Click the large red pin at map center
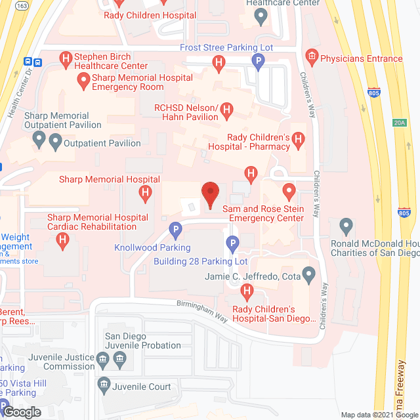(x=209, y=194)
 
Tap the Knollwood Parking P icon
(x=175, y=231)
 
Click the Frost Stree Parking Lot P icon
(x=259, y=62)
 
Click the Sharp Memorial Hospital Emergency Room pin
(x=83, y=81)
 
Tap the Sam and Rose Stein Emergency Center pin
(x=288, y=192)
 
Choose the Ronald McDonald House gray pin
(x=346, y=227)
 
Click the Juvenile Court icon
(x=103, y=383)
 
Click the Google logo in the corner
(x=22, y=411)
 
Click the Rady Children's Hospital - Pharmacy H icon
(x=299, y=140)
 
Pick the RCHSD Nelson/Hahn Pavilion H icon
(x=227, y=110)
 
